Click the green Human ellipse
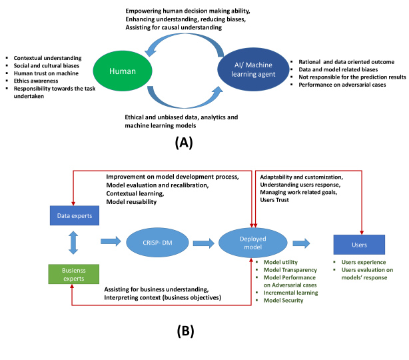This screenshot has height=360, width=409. click(x=123, y=71)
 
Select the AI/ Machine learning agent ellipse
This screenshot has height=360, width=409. click(x=253, y=69)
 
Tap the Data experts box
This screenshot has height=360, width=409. click(x=75, y=215)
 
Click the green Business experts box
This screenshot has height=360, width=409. click(x=74, y=274)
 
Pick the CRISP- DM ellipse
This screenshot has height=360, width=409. click(x=157, y=243)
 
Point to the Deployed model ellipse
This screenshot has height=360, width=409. click(x=252, y=243)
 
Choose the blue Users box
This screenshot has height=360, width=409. click(x=359, y=245)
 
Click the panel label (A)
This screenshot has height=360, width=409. click(x=184, y=143)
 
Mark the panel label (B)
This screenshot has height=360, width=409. click(x=185, y=331)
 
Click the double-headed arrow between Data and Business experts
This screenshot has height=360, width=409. click(x=73, y=243)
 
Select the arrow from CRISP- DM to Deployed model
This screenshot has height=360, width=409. click(x=204, y=243)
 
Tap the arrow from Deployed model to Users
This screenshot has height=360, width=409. click(x=301, y=243)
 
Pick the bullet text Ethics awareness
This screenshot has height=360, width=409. click(x=36, y=81)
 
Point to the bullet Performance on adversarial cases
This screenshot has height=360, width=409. click(x=342, y=85)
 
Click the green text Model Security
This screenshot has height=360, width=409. click(x=284, y=301)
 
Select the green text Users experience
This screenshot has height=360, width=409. click(x=364, y=262)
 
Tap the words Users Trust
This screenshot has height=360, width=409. click(x=274, y=200)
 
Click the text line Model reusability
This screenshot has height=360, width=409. click(x=131, y=202)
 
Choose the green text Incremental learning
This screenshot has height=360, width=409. click(x=291, y=293)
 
